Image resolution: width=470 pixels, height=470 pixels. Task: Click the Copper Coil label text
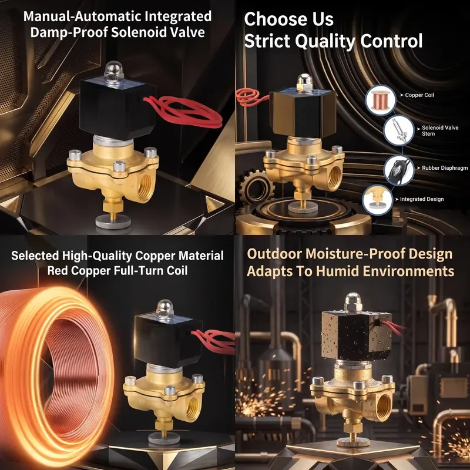pyautogui.click(x=419, y=95)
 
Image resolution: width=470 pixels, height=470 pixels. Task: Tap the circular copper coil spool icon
pyautogui.click(x=380, y=100)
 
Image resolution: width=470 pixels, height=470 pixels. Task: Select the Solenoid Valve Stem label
pyautogui.click(x=440, y=130)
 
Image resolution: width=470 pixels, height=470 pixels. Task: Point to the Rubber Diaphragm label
pyautogui.click(x=445, y=168)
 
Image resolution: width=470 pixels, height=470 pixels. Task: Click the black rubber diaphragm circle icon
pyautogui.click(x=399, y=170)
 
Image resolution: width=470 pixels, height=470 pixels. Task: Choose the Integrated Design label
pyautogui.click(x=422, y=199)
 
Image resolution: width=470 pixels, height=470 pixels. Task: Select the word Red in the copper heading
pyautogui.click(x=58, y=271)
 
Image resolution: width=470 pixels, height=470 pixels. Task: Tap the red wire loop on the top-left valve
pyautogui.click(x=183, y=111)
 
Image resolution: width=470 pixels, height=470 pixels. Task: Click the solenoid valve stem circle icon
pyautogui.click(x=399, y=130)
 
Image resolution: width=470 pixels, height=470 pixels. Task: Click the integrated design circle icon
pyautogui.click(x=377, y=200)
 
